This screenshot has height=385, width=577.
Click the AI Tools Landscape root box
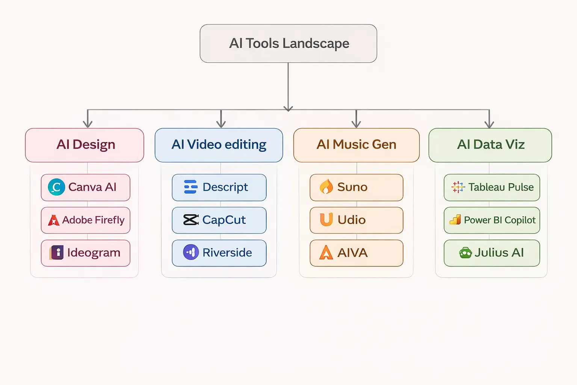click(288, 44)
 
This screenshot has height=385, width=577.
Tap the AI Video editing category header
click(219, 145)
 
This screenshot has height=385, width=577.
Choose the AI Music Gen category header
click(356, 145)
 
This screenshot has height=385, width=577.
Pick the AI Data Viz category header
click(490, 145)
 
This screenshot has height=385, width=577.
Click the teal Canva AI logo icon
click(56, 187)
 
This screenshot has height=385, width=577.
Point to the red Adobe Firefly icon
click(54, 220)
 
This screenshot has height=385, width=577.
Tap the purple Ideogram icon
click(57, 253)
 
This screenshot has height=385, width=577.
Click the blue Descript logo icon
click(190, 187)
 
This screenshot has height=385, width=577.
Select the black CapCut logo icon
click(190, 220)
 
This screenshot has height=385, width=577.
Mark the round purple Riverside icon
click(191, 252)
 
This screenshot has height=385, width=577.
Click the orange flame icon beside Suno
click(326, 186)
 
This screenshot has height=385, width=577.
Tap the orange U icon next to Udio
click(326, 220)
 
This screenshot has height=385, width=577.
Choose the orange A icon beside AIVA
click(326, 253)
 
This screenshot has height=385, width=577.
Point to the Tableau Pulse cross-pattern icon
click(458, 187)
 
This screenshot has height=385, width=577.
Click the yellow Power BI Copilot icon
click(455, 220)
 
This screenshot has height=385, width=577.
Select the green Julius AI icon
click(465, 253)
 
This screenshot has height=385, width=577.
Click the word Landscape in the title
click(316, 44)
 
